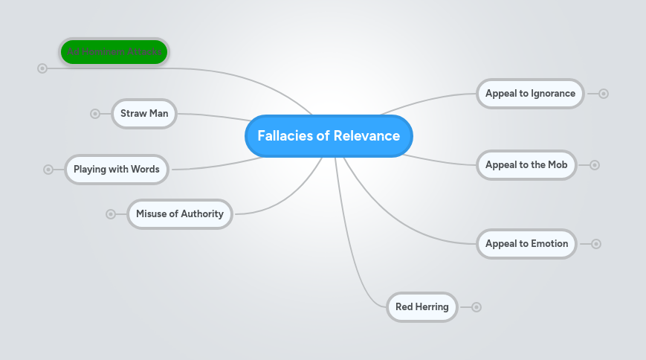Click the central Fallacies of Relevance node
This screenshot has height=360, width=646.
[329, 136]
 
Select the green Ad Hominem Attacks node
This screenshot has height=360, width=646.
[114, 52]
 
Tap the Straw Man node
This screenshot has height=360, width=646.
[144, 114]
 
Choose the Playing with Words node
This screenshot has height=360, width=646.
[117, 170]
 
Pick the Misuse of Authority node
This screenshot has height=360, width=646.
[180, 214]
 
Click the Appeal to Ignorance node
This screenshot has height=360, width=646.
[530, 94]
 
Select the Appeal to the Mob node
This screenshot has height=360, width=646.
[526, 165]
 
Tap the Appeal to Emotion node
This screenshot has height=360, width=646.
[526, 244]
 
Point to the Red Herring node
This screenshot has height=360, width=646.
[422, 307]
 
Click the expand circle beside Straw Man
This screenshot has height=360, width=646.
[95, 114]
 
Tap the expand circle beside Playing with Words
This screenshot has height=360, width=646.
[48, 170]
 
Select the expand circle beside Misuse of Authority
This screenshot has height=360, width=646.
[111, 214]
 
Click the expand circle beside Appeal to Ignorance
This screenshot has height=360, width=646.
[604, 94]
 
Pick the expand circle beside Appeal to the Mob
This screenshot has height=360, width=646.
[595, 165]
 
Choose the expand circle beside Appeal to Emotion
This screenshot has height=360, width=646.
[596, 244]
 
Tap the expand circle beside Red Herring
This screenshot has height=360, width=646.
[477, 307]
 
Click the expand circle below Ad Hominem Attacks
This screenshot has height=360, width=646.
[42, 68]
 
